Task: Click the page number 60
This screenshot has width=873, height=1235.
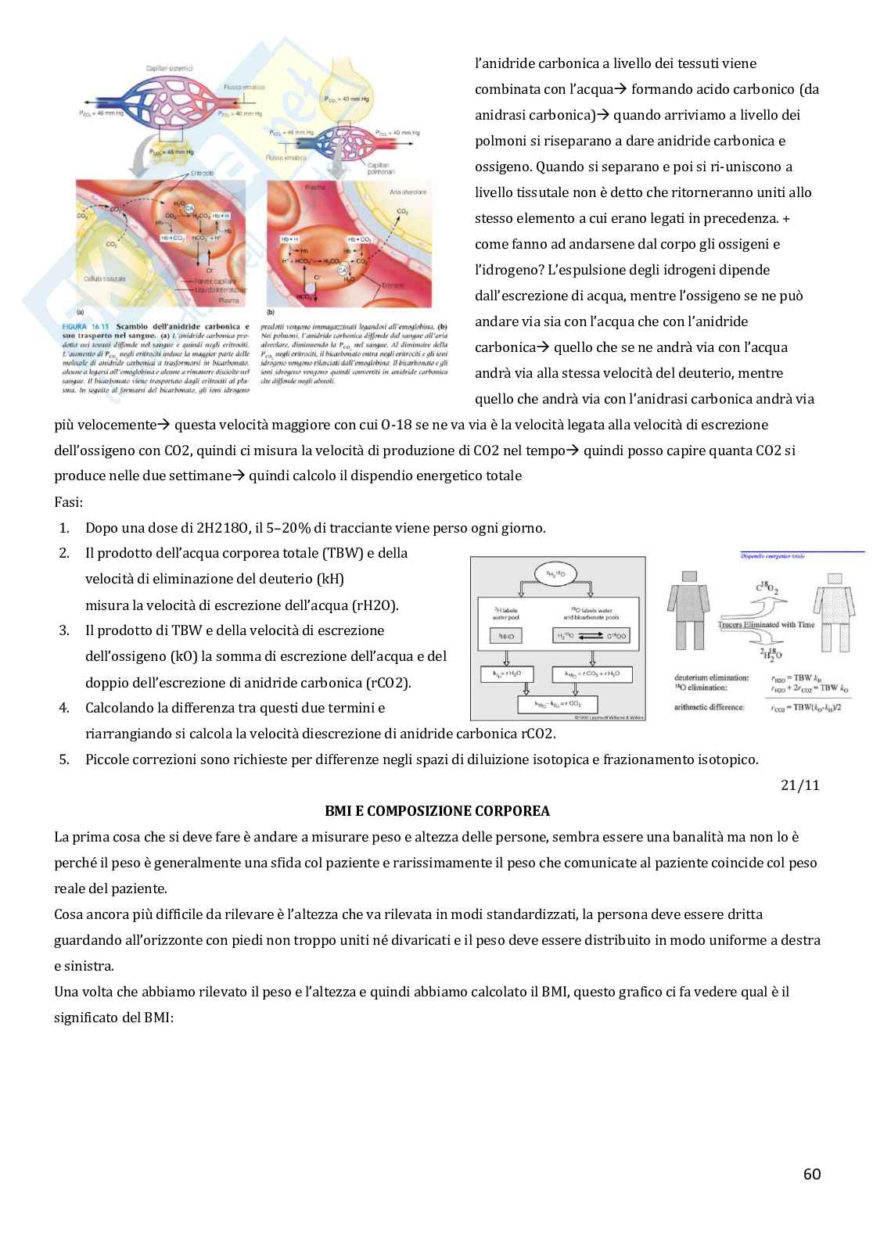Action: point(812,1173)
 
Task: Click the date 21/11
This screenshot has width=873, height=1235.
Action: point(800,784)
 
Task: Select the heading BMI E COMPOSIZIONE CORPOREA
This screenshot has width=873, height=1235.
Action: point(437,810)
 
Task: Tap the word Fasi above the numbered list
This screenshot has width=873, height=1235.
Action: point(68,501)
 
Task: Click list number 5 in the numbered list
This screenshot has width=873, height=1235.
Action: point(64,759)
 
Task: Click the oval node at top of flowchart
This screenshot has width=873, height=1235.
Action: point(557,575)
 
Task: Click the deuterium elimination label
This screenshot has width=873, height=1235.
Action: point(711,678)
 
